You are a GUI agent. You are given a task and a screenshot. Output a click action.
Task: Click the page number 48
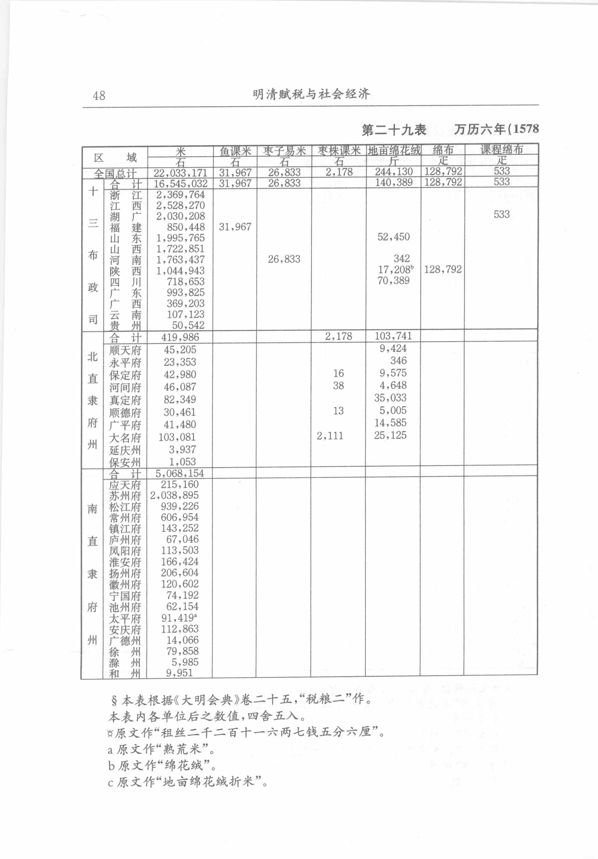[99, 95]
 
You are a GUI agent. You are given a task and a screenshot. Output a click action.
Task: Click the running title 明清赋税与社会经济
[311, 94]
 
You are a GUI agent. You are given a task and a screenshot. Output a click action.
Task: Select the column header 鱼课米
[235, 151]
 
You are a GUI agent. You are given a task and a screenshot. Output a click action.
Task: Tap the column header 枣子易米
[284, 151]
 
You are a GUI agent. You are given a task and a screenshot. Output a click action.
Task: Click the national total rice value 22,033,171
[180, 173]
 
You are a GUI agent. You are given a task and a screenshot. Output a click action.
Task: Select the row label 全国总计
[115, 174]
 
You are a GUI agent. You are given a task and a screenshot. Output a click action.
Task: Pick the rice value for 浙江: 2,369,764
[180, 194]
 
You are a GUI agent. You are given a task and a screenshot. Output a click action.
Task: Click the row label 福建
[125, 227]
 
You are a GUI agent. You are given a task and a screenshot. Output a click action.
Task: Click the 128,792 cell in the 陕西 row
[443, 269]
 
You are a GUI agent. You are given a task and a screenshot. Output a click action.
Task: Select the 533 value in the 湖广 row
[501, 214]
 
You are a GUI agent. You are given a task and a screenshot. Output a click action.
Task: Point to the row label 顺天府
[125, 351]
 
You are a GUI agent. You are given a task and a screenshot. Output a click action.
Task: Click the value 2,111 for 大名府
[330, 436]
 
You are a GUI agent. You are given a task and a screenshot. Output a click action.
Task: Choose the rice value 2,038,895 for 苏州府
[175, 495]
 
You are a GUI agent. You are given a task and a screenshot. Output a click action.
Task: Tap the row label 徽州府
[125, 584]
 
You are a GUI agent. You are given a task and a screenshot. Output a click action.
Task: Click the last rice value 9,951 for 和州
[179, 673]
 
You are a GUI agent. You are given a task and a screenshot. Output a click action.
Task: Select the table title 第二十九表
[394, 130]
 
